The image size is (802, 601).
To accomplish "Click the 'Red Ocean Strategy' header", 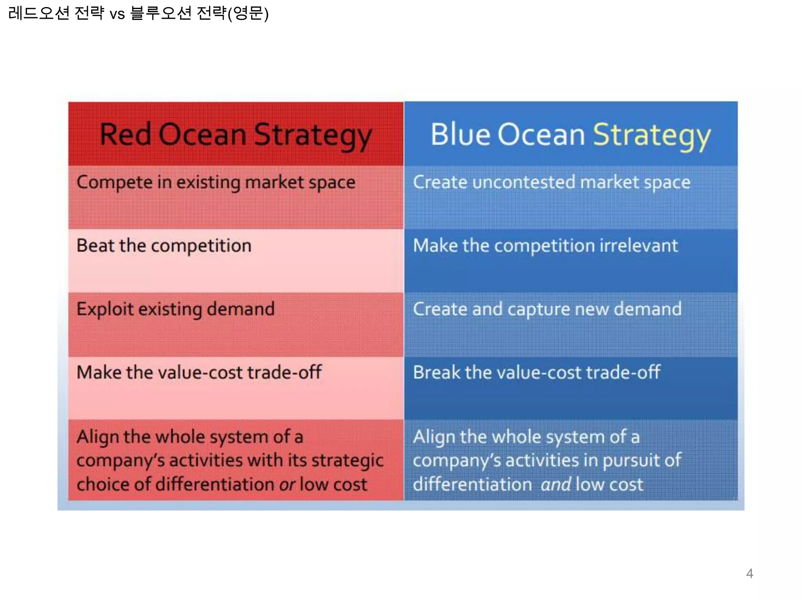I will click(x=235, y=135).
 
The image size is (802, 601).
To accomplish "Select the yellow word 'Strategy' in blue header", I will click(x=652, y=135).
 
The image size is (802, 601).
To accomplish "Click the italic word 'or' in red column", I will click(x=287, y=485).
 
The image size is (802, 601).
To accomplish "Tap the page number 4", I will click(x=750, y=574).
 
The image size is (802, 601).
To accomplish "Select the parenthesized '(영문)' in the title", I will click(x=248, y=14).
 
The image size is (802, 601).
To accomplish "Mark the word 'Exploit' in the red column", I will click(x=105, y=309).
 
